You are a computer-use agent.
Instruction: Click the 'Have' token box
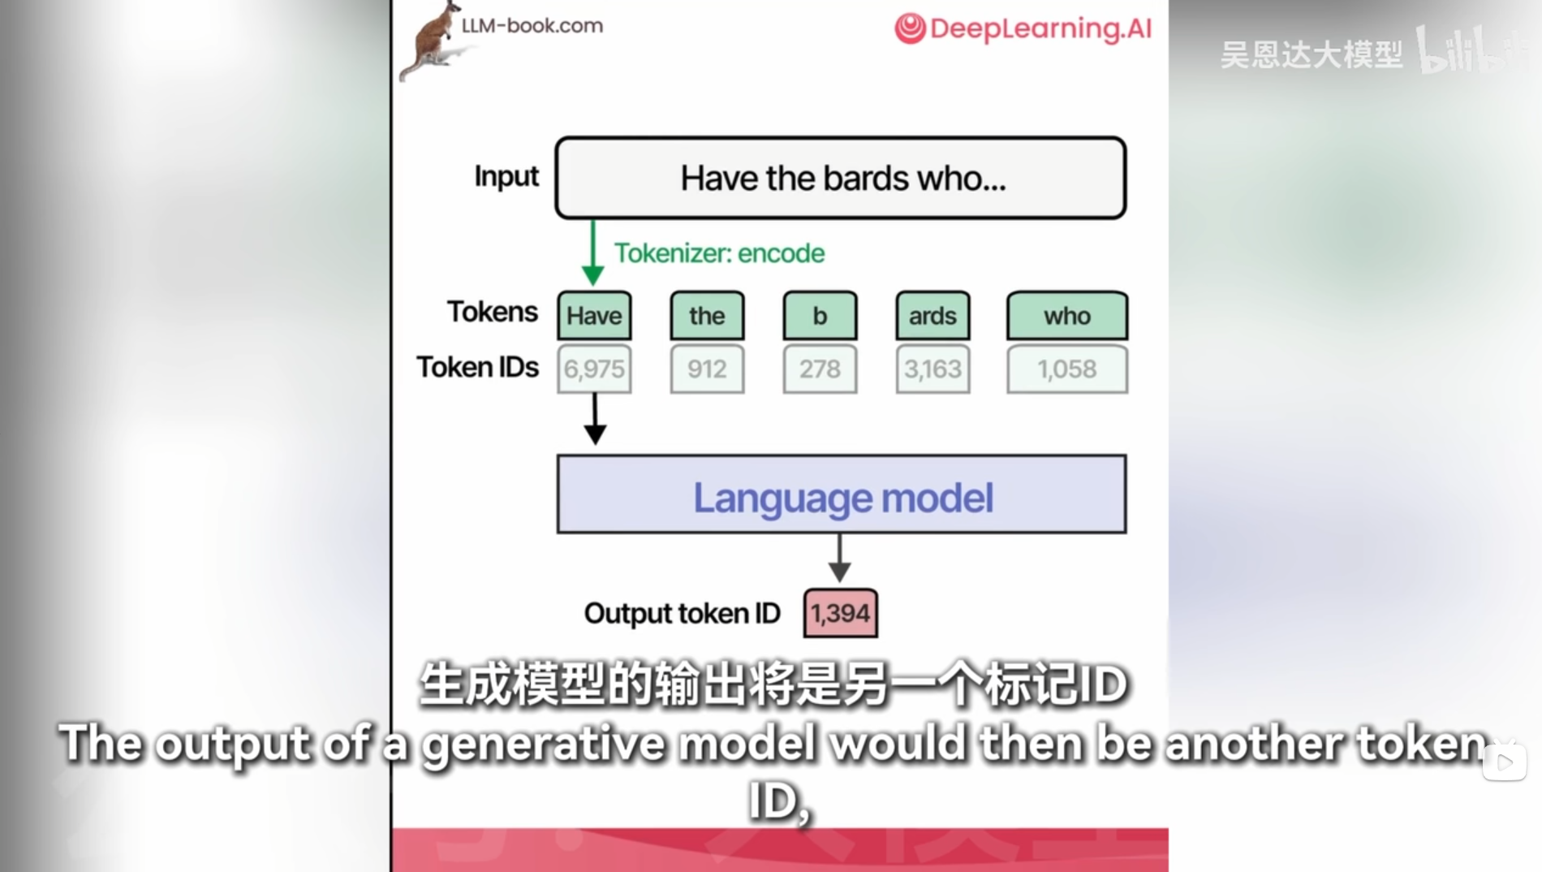(x=594, y=316)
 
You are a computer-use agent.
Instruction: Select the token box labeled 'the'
(x=707, y=316)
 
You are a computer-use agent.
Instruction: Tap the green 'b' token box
(x=820, y=316)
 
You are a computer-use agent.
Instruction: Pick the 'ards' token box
(x=933, y=316)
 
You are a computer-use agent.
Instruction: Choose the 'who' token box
(x=1066, y=316)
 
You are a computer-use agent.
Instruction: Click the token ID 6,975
(x=594, y=369)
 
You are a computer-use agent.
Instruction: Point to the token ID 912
(x=707, y=369)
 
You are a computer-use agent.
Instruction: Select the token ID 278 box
(x=820, y=369)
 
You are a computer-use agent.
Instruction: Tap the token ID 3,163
(x=933, y=369)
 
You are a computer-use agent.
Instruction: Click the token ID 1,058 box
(x=1066, y=369)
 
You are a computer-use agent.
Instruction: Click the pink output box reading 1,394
(x=840, y=613)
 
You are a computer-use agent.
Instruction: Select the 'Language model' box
(x=842, y=494)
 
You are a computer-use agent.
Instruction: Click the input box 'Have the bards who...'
(x=841, y=178)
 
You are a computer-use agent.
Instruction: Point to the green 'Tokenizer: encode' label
(x=719, y=253)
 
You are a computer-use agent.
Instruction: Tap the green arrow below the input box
(x=593, y=253)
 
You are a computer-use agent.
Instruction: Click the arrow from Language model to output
(x=840, y=559)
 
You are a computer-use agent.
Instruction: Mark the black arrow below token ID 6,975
(x=595, y=420)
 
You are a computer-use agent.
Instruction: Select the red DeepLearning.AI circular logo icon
(x=910, y=28)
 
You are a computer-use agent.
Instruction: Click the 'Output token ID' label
(x=682, y=614)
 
